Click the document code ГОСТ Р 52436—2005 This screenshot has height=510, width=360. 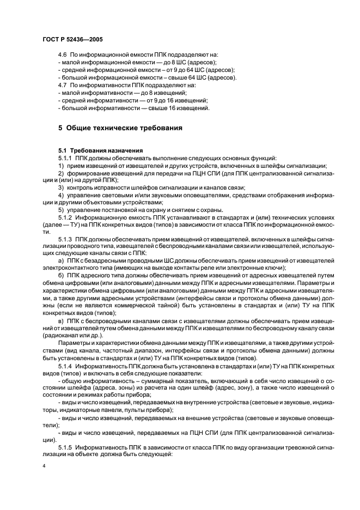72,40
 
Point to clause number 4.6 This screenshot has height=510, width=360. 62,55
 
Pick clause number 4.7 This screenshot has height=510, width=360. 62,86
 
